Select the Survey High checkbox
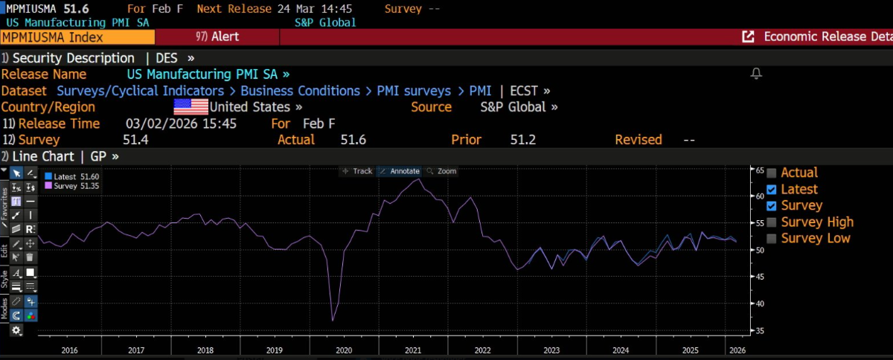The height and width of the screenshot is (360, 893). click(x=772, y=222)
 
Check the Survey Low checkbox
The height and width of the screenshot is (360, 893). click(x=772, y=239)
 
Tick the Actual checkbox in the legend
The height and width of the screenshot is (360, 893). click(x=772, y=173)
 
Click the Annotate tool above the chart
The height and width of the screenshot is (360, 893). click(x=400, y=171)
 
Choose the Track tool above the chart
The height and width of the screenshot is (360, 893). click(x=357, y=171)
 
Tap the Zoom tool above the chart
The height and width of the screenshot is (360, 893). click(x=442, y=171)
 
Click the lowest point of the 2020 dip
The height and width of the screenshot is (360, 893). click(x=333, y=321)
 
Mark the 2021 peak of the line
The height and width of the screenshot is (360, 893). click(x=419, y=179)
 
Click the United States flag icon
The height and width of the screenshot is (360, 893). click(x=191, y=107)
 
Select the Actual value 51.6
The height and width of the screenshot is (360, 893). click(x=353, y=140)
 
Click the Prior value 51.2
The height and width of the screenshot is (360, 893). click(x=523, y=140)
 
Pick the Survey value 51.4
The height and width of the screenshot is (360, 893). click(x=135, y=140)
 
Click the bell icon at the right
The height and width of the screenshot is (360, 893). click(x=756, y=74)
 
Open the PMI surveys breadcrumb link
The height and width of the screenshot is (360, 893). click(x=414, y=91)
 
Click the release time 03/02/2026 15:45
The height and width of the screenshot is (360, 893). click(x=181, y=123)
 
